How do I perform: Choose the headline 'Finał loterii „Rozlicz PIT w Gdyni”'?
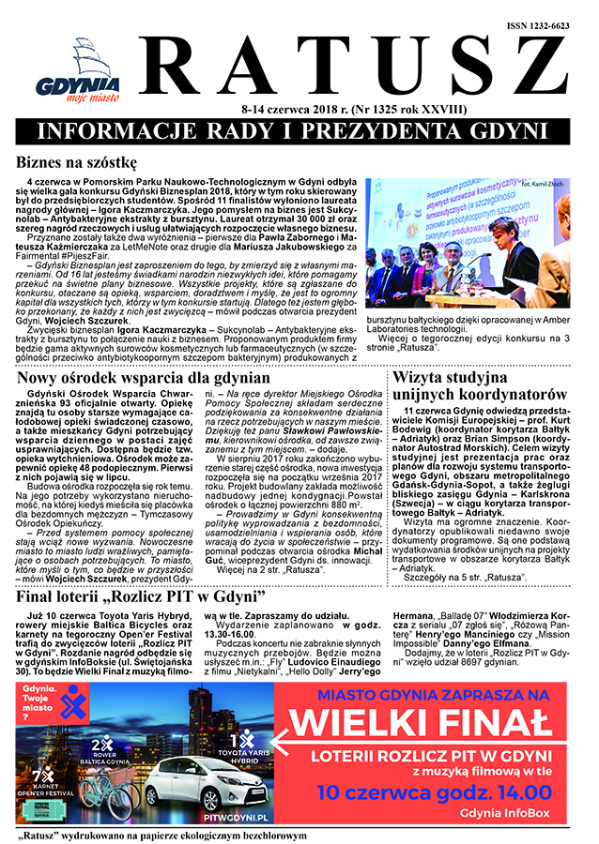[x=154, y=595]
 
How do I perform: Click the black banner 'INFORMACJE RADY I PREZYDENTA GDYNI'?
[x=299, y=129]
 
